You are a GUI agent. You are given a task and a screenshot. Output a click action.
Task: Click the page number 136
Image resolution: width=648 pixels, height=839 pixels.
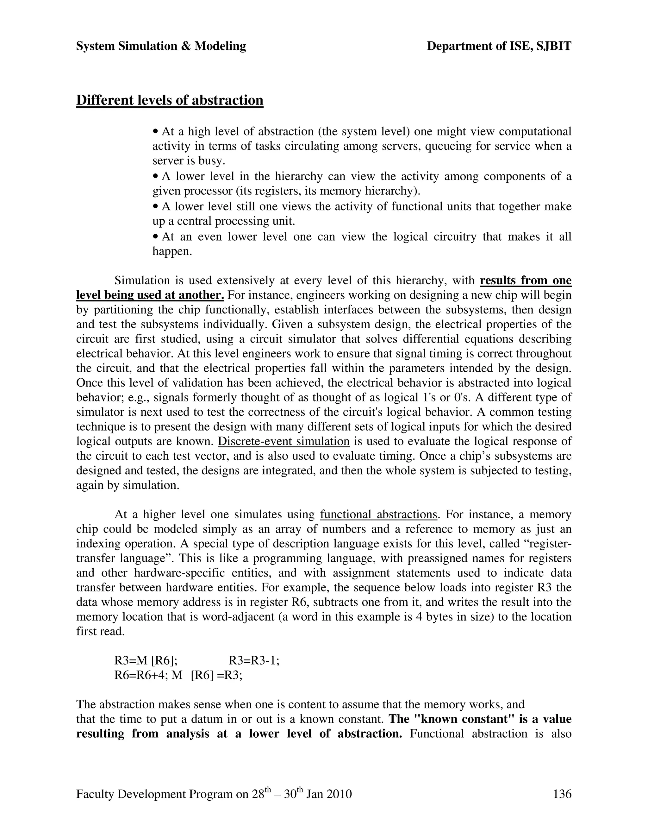click(x=562, y=794)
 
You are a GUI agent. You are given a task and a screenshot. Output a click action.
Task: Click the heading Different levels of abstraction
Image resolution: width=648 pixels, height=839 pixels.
click(x=170, y=100)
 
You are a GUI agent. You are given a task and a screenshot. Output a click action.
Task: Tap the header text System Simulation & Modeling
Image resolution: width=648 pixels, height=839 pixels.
click(x=161, y=46)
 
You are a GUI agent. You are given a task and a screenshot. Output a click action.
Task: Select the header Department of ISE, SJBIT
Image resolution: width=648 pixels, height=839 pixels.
click(x=499, y=46)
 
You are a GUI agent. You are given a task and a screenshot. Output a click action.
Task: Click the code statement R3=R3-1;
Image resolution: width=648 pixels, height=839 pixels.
click(x=254, y=661)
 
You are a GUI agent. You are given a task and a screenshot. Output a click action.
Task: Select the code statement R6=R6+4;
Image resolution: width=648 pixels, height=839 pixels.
click(x=142, y=675)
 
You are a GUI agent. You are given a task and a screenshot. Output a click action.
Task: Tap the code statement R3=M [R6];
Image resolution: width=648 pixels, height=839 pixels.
click(x=146, y=661)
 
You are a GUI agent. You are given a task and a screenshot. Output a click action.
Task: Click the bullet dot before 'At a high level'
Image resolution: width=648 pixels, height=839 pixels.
click(x=155, y=132)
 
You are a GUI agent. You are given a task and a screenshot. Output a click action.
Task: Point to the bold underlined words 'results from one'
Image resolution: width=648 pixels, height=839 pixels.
click(x=525, y=281)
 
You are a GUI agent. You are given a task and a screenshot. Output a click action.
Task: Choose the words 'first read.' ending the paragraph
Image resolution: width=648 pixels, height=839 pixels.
click(x=100, y=631)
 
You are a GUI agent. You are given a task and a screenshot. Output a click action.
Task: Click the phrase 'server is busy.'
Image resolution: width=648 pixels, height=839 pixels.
click(x=189, y=161)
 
